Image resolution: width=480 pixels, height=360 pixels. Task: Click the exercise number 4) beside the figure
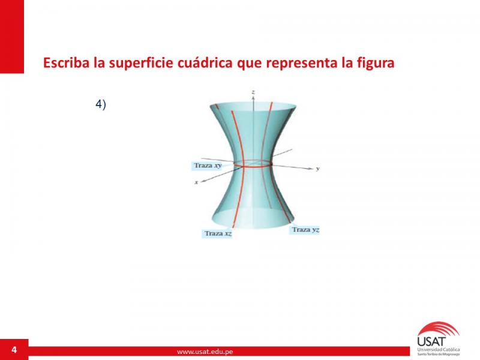(x=101, y=104)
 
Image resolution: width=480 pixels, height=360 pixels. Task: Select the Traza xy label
(x=207, y=166)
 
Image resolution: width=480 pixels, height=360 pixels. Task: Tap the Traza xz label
(x=218, y=233)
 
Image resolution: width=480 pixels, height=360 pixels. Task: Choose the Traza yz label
(x=305, y=230)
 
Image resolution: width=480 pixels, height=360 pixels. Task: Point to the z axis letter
(x=253, y=92)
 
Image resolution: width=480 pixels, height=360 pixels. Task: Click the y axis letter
(x=318, y=169)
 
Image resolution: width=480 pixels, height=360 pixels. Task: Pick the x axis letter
(x=196, y=182)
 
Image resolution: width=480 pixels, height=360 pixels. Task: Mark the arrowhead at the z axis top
(x=253, y=97)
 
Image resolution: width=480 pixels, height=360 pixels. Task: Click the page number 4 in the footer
(x=14, y=350)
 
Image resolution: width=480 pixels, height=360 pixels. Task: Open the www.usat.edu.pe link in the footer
(x=205, y=352)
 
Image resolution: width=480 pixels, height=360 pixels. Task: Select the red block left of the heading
(x=12, y=37)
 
